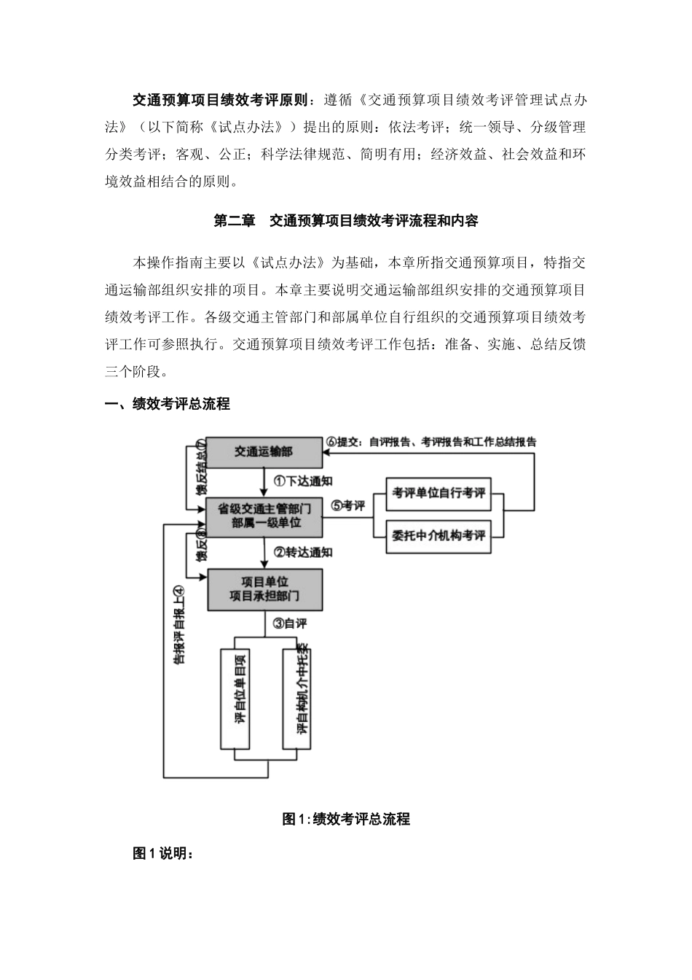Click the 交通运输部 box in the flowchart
click(264, 452)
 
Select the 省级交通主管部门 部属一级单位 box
click(264, 516)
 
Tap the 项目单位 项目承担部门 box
click(264, 589)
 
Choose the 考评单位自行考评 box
click(438, 494)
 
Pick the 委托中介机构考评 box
click(438, 536)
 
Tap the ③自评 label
click(289, 623)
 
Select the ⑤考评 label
click(347, 505)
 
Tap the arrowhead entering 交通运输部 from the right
click(328, 452)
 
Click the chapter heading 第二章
click(232, 221)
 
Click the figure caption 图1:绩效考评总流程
click(345, 820)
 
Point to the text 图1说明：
click(163, 854)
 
